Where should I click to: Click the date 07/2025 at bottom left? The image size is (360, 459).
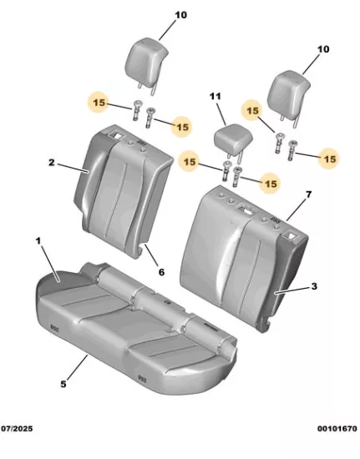[x=17, y=429]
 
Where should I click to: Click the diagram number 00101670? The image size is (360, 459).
[x=337, y=429]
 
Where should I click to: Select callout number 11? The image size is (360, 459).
[x=215, y=96]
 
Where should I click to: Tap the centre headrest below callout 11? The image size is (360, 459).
[x=233, y=137]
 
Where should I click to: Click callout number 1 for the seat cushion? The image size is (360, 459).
[x=38, y=241]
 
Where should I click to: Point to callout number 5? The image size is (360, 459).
[x=63, y=384]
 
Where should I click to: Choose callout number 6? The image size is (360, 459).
[x=162, y=272]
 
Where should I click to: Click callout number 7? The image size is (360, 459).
[x=308, y=194]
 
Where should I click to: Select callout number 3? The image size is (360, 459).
[x=314, y=286]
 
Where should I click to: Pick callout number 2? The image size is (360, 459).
[x=52, y=162]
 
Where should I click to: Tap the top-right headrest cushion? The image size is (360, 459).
[x=289, y=94]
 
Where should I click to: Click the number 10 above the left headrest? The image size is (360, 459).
[x=180, y=15]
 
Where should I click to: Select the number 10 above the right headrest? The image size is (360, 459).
[x=323, y=49]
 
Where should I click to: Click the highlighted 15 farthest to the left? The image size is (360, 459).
[x=99, y=103]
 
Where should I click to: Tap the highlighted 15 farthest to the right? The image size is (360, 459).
[x=330, y=159]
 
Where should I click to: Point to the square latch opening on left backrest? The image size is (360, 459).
[x=117, y=135]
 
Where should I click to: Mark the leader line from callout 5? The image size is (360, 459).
[x=78, y=367]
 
